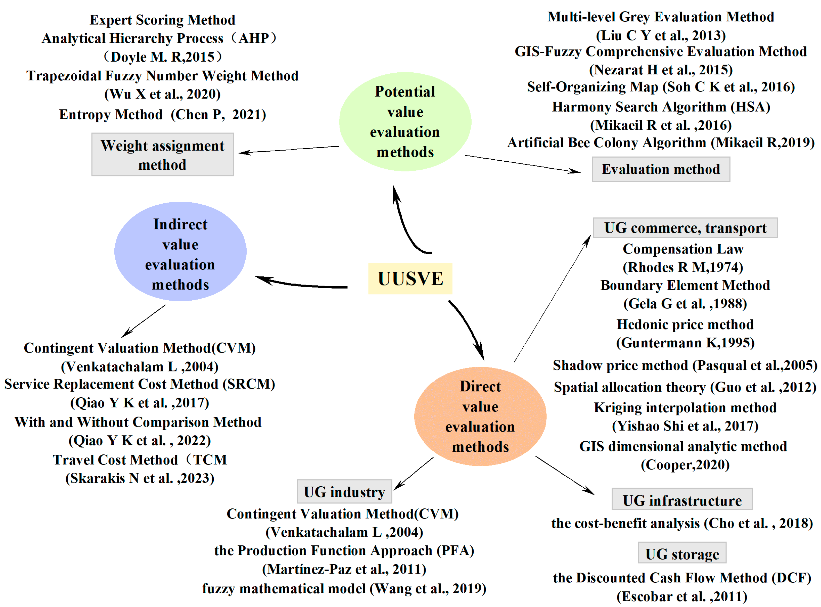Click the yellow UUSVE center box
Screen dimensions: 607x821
[410, 278]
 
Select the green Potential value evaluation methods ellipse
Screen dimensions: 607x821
[405, 122]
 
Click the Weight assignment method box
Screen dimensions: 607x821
[162, 155]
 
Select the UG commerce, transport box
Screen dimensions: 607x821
[685, 228]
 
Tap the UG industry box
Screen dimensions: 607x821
[344, 492]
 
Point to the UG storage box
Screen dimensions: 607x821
[682, 553]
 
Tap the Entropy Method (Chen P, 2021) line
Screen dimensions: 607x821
[162, 115]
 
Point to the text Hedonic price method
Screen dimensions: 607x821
[685, 324]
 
